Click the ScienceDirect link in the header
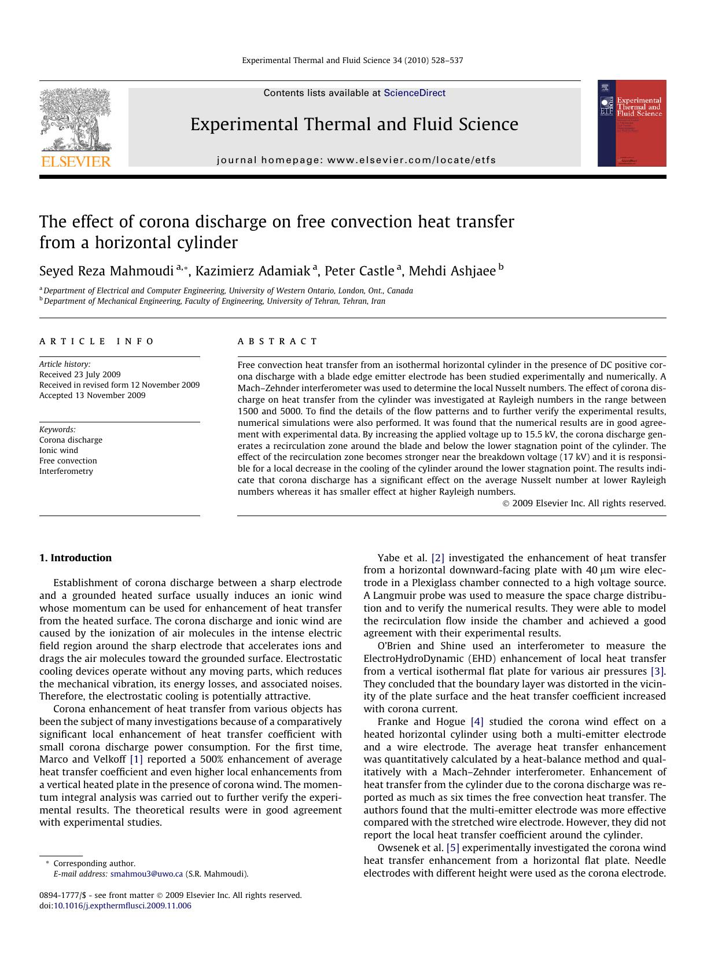coord(414,93)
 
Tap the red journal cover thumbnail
coord(631,123)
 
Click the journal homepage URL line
coord(356,160)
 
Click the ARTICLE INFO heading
coord(97,341)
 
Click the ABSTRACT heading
coord(278,341)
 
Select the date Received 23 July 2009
coord(80,374)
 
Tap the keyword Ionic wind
coord(58,450)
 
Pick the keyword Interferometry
coord(66,471)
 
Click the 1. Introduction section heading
coord(75,558)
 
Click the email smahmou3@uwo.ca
coord(146,874)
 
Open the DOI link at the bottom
coord(122,906)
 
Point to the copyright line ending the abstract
coord(584,503)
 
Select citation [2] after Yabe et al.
coord(437,558)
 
